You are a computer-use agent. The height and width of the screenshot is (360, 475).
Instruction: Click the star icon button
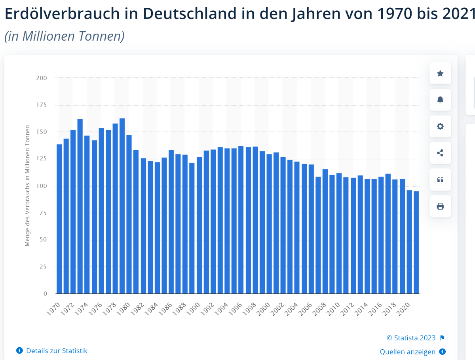click(440, 73)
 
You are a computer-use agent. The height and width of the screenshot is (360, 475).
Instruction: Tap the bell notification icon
click(440, 100)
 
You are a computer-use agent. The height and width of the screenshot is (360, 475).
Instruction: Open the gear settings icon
click(440, 126)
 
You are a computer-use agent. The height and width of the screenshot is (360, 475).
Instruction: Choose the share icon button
click(440, 153)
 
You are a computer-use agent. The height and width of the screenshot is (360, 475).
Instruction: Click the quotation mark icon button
click(440, 180)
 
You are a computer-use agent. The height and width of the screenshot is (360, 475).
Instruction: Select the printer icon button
click(440, 206)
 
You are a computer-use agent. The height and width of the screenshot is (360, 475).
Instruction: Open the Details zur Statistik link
click(57, 351)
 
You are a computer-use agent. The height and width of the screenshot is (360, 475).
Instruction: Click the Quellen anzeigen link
click(408, 352)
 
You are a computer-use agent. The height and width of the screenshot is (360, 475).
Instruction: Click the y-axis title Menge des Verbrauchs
click(27, 186)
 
